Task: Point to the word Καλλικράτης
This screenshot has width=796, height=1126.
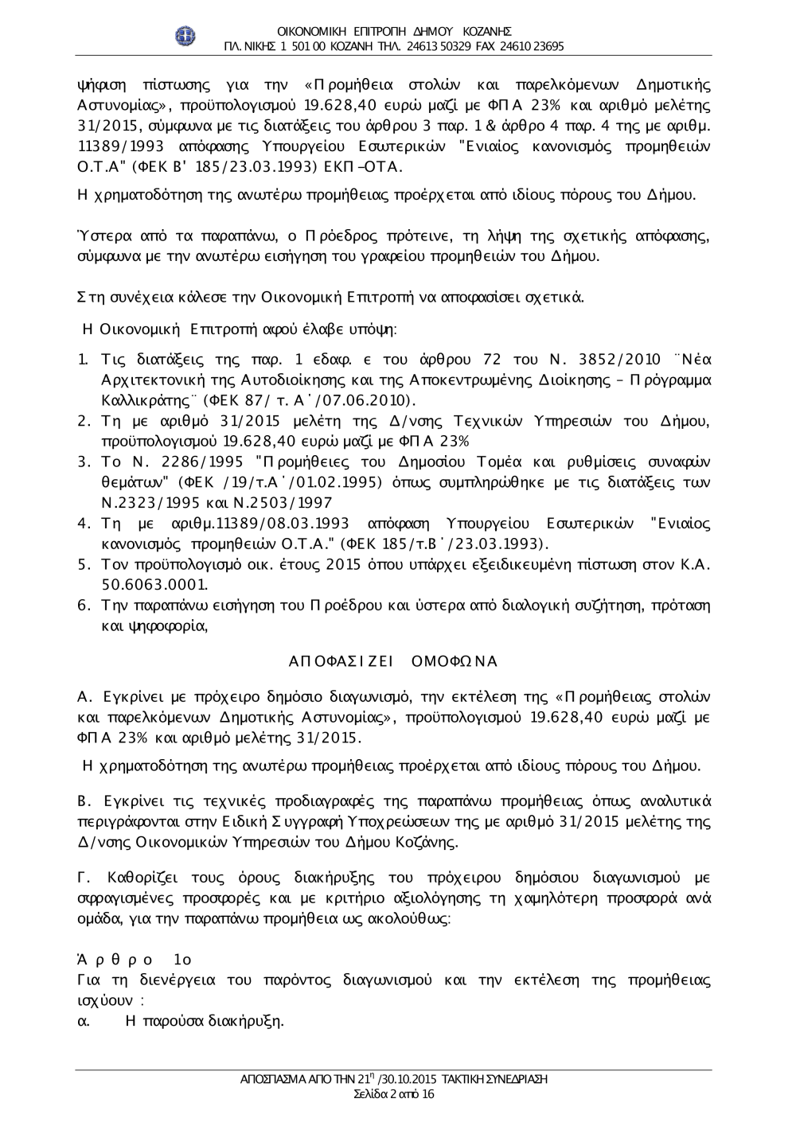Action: pyautogui.click(x=137, y=399)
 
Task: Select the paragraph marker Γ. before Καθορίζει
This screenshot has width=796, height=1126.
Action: pyautogui.click(x=81, y=879)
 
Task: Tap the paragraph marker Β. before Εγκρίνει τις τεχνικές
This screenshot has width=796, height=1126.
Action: pyautogui.click(x=81, y=801)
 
